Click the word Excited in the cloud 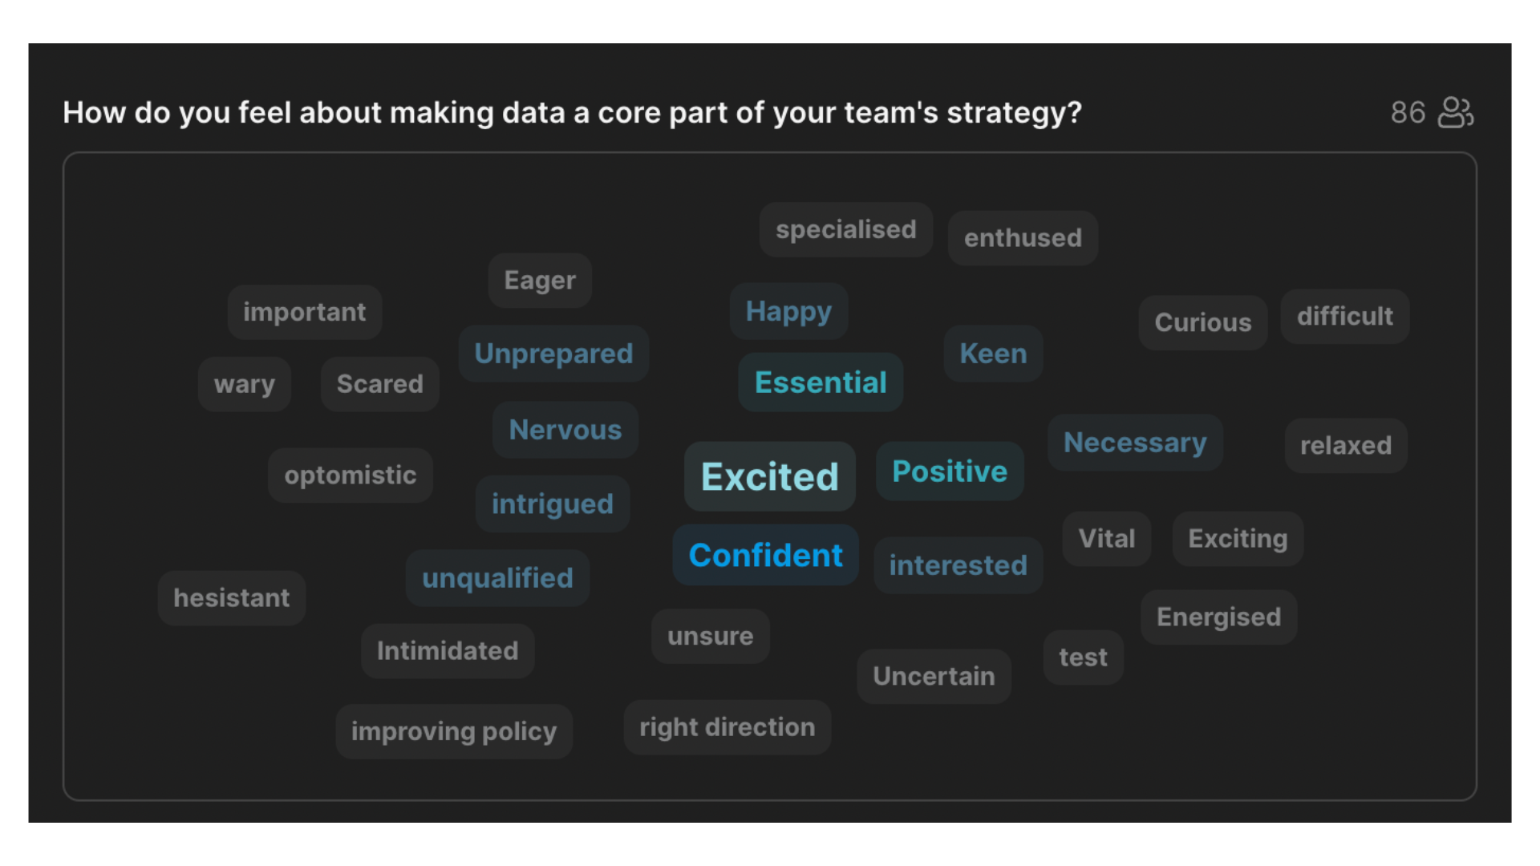[769, 476]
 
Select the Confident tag [765, 555]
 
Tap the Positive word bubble [950, 471]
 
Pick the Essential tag [821, 382]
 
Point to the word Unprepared [553, 354]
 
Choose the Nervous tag [565, 430]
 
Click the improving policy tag [454, 731]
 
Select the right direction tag [727, 727]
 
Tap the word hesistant [232, 598]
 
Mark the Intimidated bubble [448, 651]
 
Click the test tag [1083, 658]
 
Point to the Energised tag [1218, 617]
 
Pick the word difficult [1345, 317]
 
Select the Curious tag [1203, 322]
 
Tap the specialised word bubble [846, 230]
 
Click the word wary [245, 384]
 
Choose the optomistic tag [351, 475]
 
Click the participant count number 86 [1408, 113]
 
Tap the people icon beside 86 [1456, 113]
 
